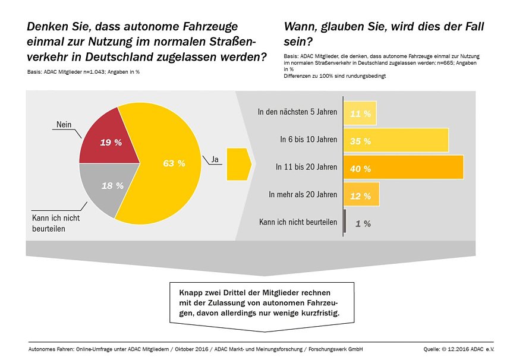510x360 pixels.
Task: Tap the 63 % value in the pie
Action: click(x=174, y=163)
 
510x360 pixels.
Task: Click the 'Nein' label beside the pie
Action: click(x=64, y=124)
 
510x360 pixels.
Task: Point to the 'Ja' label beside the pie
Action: click(x=215, y=159)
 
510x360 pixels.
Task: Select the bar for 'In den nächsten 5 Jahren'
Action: click(x=360, y=113)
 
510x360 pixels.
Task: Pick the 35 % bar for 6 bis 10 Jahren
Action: click(x=396, y=140)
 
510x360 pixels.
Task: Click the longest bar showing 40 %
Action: click(x=404, y=168)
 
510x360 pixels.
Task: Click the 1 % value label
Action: click(x=363, y=223)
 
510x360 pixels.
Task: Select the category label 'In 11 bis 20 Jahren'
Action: click(x=306, y=168)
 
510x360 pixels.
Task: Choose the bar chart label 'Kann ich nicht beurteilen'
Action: click(x=298, y=223)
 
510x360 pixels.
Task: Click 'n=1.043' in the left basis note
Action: click(x=92, y=72)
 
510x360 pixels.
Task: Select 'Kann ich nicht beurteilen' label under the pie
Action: click(x=55, y=223)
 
